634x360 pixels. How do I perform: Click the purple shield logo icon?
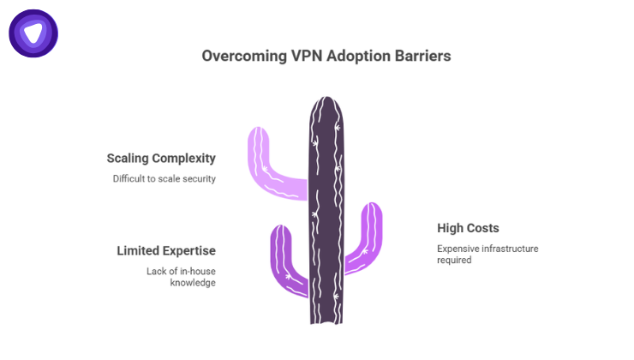(33, 33)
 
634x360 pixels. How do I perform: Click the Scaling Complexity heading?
(161, 159)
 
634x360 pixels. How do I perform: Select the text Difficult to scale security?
(164, 179)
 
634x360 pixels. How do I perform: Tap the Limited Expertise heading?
(166, 251)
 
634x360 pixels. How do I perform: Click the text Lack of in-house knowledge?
(180, 277)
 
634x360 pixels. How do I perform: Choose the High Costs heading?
(467, 229)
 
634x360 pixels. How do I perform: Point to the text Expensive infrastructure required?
(487, 254)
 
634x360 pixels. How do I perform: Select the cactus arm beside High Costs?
(365, 240)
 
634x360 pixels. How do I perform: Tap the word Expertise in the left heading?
(190, 251)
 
